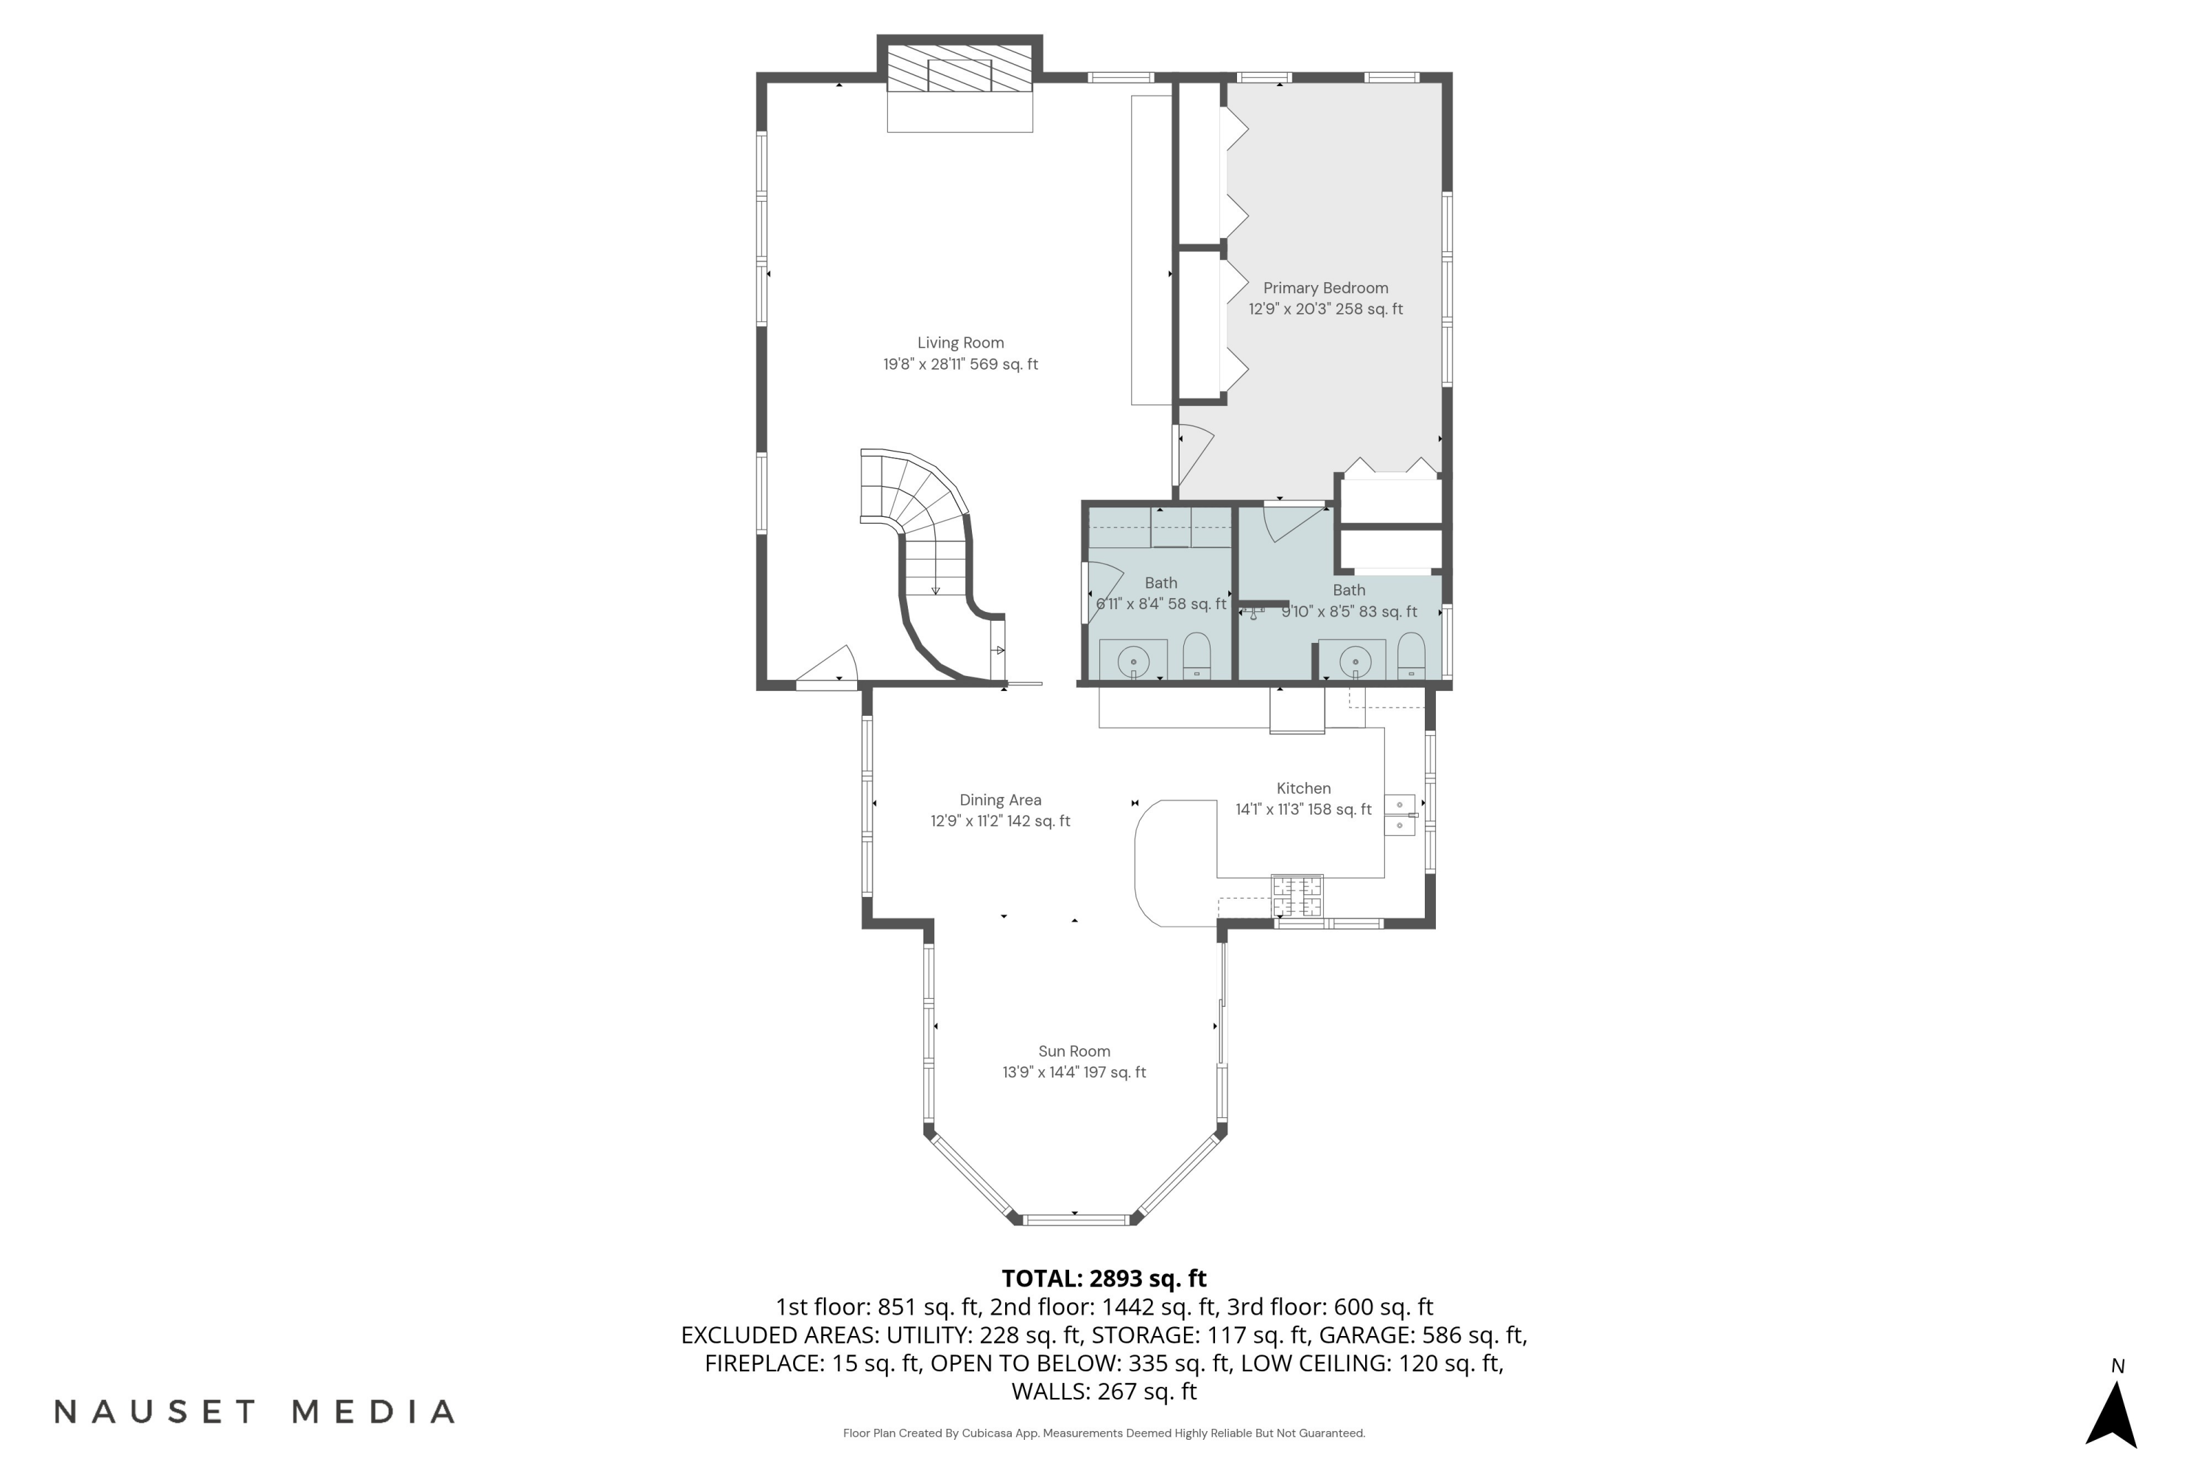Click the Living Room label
pos(960,343)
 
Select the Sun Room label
pos(1074,1051)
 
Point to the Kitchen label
pos(1303,789)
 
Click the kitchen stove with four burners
pos(1297,896)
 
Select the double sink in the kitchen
pos(1400,815)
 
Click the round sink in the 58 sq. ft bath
pos(1134,661)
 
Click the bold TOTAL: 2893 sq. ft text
pos(1104,1279)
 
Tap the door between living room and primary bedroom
pos(1191,456)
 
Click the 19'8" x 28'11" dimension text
pos(960,365)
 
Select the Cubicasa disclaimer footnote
pos(1104,1433)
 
